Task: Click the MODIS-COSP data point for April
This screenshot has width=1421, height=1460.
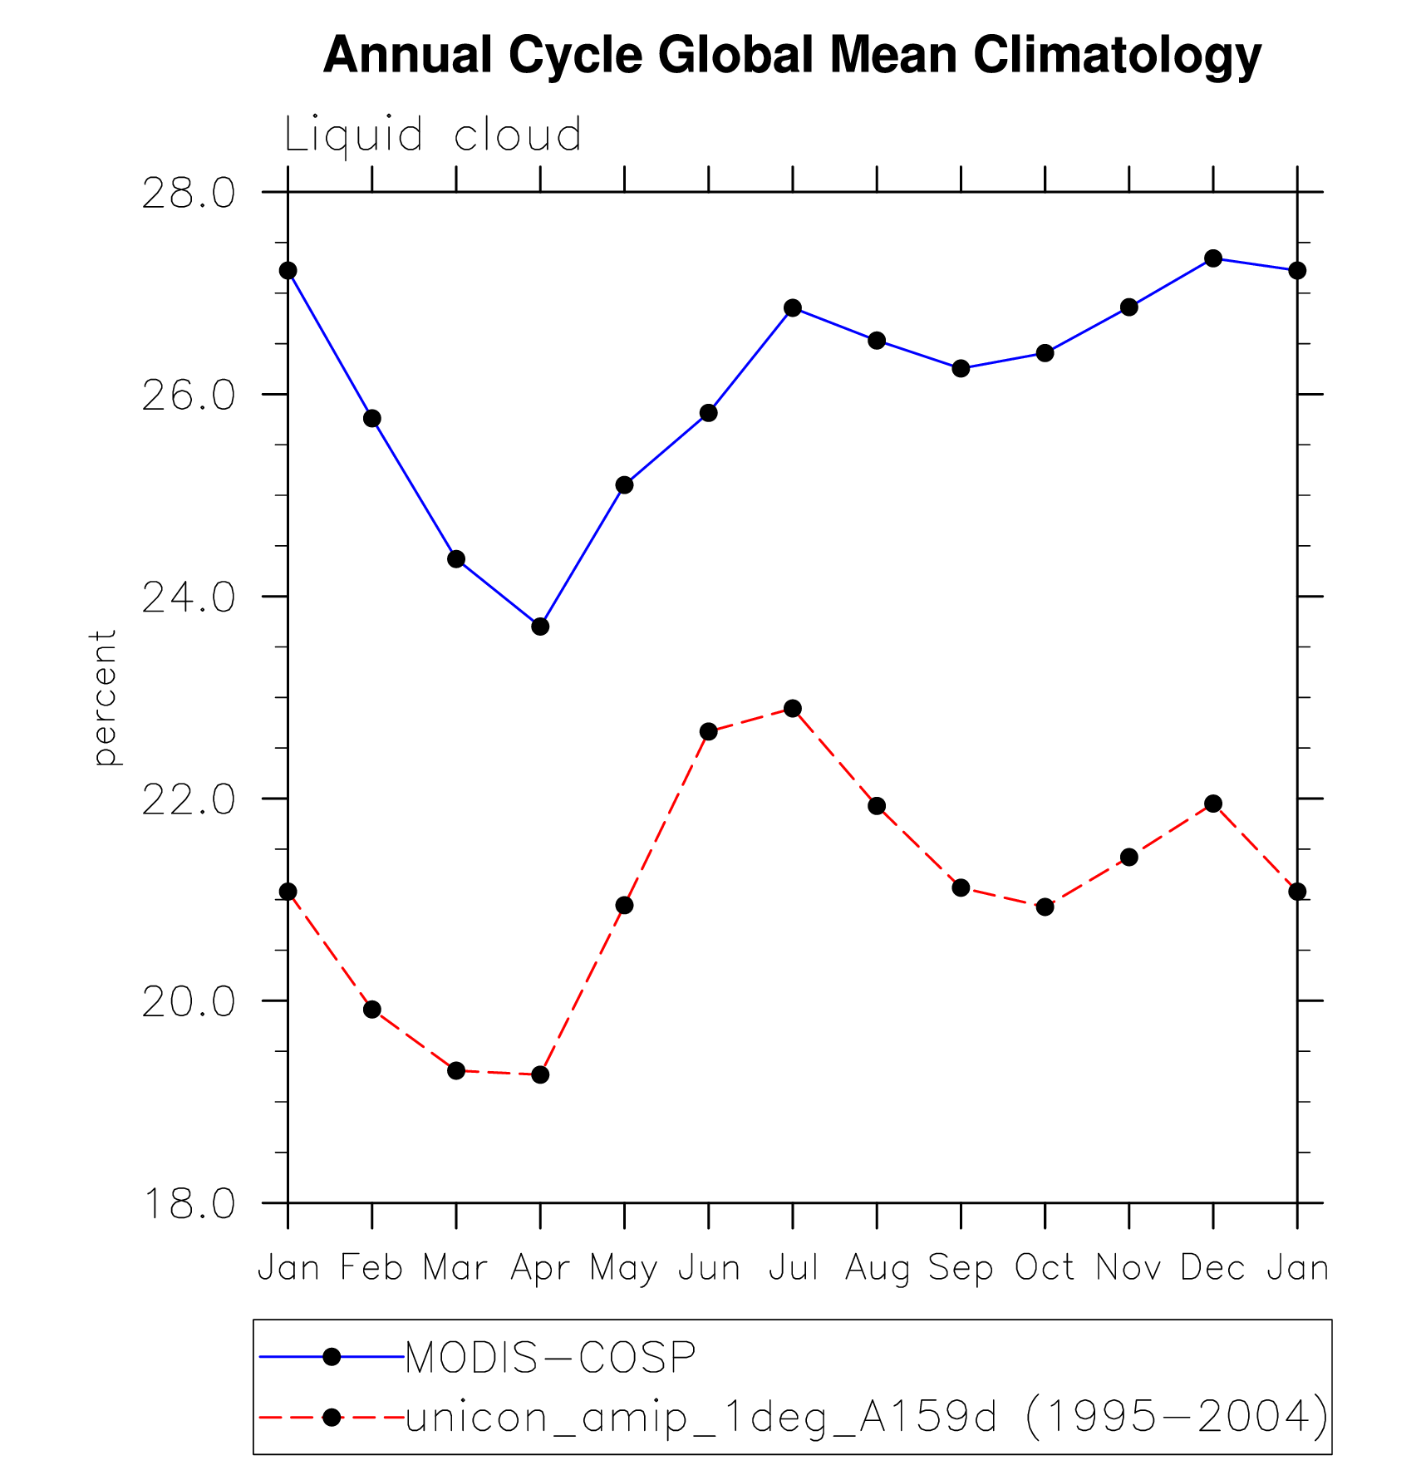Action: point(540,627)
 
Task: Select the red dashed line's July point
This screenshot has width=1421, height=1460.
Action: point(793,708)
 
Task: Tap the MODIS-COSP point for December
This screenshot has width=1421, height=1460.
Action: point(1213,258)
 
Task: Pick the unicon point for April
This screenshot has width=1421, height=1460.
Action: point(540,1074)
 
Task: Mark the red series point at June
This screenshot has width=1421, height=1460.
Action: point(708,731)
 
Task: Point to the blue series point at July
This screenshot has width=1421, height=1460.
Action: point(793,308)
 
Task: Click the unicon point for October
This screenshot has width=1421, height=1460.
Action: point(1045,907)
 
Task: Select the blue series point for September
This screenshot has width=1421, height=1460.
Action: point(961,368)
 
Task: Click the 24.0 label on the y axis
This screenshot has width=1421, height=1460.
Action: point(189,597)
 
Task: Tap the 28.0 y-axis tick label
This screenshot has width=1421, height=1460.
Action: point(189,194)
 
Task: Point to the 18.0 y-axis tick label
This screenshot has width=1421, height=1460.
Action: point(189,1203)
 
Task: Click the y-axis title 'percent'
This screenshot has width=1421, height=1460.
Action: point(104,697)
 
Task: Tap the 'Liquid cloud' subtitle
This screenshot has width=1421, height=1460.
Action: point(432,135)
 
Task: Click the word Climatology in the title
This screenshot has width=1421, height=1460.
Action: point(1117,55)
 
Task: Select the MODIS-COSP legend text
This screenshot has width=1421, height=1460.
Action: point(550,1358)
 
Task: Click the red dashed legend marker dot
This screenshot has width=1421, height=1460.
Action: point(332,1417)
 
